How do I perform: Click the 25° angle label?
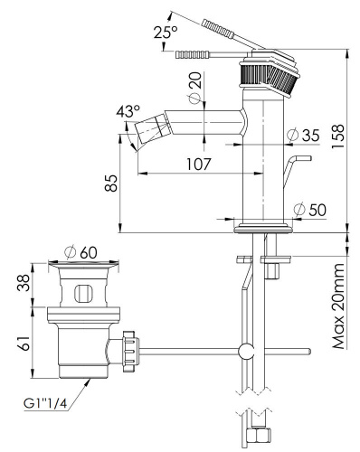coord(166,32)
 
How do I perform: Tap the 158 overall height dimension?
coord(338,136)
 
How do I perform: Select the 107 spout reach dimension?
coord(199,165)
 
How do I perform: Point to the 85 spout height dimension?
coord(111,183)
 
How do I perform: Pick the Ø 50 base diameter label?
coord(309,210)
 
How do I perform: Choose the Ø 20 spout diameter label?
coord(195,88)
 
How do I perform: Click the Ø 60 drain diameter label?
coord(81,252)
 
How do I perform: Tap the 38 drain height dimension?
coord(24,282)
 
